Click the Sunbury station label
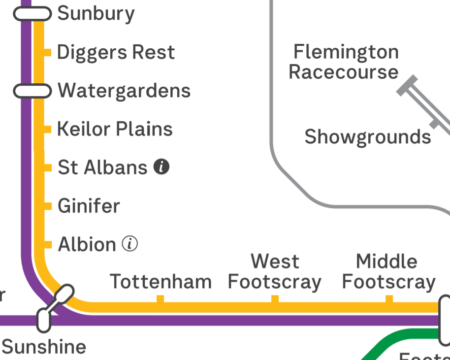tap(96, 13)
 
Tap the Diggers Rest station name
tap(116, 52)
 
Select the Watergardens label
tap(124, 91)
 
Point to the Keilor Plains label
tap(115, 129)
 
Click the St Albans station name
tap(102, 167)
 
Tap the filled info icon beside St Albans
tap(161, 167)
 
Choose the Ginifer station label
tap(89, 206)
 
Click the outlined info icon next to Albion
tap(130, 244)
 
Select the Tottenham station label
tap(161, 282)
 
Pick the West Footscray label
tap(275, 272)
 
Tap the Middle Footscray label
tap(389, 272)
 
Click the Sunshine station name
tap(44, 347)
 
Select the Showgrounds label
tap(368, 137)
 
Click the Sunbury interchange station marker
tap(32, 14)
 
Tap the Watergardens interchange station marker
tap(32, 91)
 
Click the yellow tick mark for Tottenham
tap(160, 299)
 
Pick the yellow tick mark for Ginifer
tap(48, 206)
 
